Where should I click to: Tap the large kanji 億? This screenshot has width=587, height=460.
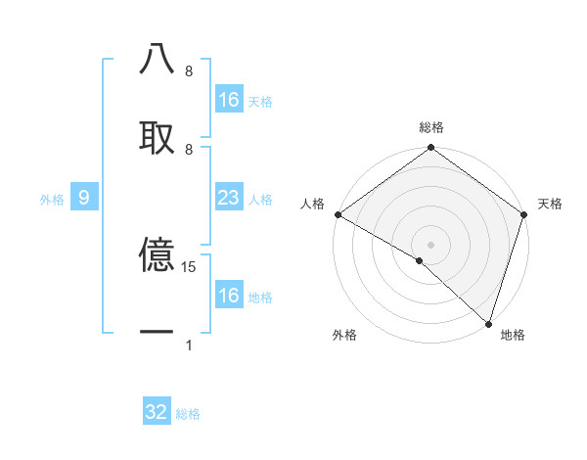point(157,256)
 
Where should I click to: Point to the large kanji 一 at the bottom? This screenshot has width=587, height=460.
point(157,333)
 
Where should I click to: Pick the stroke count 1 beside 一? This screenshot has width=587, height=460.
point(189,345)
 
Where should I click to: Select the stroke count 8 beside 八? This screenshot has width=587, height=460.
point(189,71)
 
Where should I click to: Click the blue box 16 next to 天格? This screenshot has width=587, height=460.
point(229,100)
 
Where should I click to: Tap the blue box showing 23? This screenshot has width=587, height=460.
point(229,199)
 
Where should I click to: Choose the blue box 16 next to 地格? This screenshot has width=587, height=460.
point(229,296)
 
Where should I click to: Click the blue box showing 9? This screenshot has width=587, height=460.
point(84,199)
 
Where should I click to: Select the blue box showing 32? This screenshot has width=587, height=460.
point(157,412)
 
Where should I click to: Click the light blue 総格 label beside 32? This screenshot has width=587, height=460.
point(188,414)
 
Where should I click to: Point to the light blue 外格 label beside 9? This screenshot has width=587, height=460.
point(52,200)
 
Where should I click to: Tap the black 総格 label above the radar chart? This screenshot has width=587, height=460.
point(431,127)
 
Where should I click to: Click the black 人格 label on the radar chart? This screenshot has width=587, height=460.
point(312,204)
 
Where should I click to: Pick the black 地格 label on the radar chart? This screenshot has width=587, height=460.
point(513,335)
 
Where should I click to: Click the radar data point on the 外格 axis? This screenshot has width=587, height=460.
point(420,261)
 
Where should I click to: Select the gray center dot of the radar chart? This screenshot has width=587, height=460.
point(431,244)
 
